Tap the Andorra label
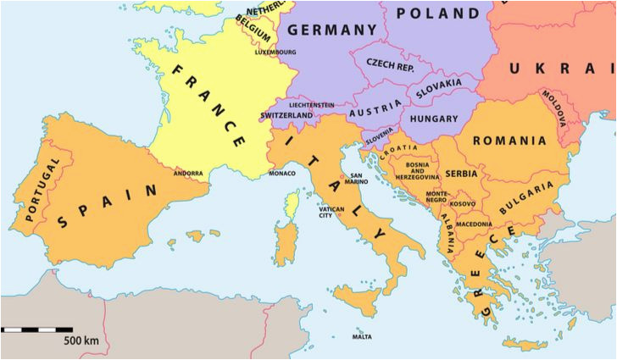tap(188, 174)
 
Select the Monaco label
tap(282, 174)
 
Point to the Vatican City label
tap(331, 212)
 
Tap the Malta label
tap(362, 337)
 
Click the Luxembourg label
tap(275, 52)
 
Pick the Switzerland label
tap(287, 115)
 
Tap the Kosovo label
tap(463, 204)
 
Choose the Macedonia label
tap(474, 224)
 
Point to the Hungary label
tap(433, 119)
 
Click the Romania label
tap(509, 141)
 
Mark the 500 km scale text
tap(81, 341)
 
